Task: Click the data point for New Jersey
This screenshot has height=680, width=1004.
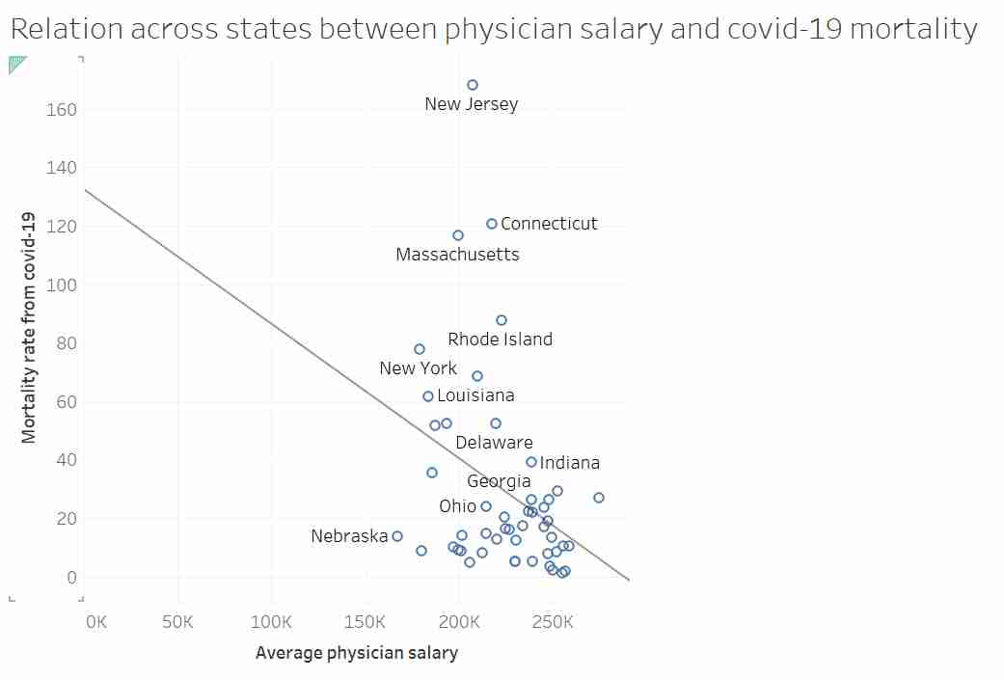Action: [x=473, y=85]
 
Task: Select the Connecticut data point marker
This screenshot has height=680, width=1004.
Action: [x=492, y=224]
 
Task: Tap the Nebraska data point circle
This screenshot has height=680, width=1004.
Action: [x=397, y=536]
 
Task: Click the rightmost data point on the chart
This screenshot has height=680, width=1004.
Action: [x=599, y=498]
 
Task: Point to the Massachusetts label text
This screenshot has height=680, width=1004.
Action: [x=457, y=255]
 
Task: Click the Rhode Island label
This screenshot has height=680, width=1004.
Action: [x=500, y=340]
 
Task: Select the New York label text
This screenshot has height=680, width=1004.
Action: [x=418, y=368]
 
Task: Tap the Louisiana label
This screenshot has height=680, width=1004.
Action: [x=475, y=395]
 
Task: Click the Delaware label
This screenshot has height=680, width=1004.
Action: [x=494, y=443]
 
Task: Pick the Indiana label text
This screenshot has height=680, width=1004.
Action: [x=569, y=463]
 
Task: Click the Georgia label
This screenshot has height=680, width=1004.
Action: [x=499, y=481]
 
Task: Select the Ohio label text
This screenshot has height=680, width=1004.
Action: [x=457, y=506]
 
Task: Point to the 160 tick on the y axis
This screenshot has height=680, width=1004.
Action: [x=62, y=110]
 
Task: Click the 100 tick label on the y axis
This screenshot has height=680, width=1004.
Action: [x=62, y=286]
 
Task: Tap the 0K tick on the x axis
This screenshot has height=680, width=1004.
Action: [x=96, y=622]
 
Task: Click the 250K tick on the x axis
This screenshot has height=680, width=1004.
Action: [x=553, y=622]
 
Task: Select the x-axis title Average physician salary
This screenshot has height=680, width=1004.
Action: [x=356, y=654]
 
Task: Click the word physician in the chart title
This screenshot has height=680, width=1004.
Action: [x=507, y=29]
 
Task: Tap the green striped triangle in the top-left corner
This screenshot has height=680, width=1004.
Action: [x=15, y=64]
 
